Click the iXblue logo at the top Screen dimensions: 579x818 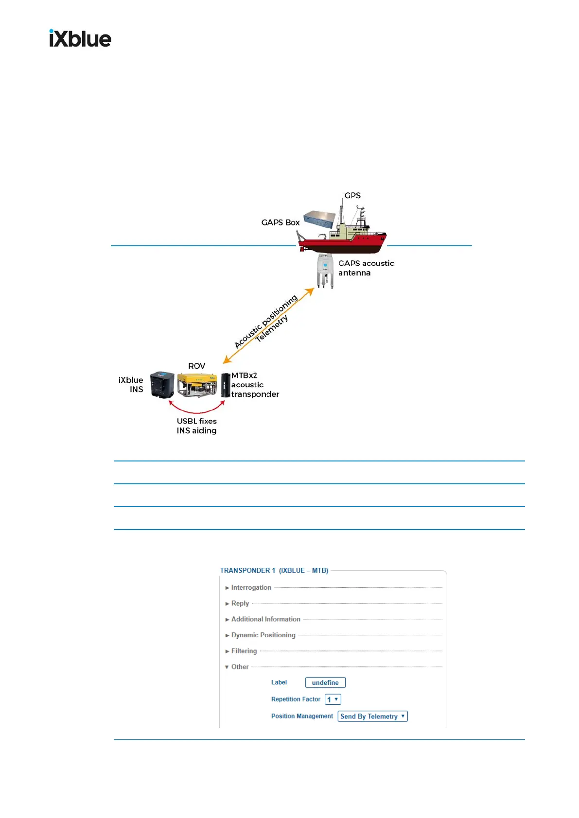coord(80,38)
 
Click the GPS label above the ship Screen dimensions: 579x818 coord(352,195)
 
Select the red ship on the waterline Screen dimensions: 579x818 coord(342,238)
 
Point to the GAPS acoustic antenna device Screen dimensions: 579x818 coord(325,271)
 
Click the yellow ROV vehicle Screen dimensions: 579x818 coord(197,385)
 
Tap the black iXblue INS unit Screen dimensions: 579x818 coord(162,385)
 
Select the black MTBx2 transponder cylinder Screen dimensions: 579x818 coord(225,385)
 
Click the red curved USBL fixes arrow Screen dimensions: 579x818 coord(196,411)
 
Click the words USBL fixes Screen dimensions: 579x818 coord(196,421)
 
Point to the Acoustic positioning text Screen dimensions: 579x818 coord(265,321)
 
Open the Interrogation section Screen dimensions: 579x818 coord(251,587)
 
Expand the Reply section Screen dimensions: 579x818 coord(240,603)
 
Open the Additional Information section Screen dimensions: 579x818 coord(265,619)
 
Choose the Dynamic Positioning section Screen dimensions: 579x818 coord(263,635)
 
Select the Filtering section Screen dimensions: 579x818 coord(244,651)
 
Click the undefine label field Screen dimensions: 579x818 coord(325,682)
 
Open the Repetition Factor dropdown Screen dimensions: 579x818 coord(333,699)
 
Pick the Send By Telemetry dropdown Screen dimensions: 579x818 coord(372,716)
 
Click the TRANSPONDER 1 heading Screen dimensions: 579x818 coord(274,570)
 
